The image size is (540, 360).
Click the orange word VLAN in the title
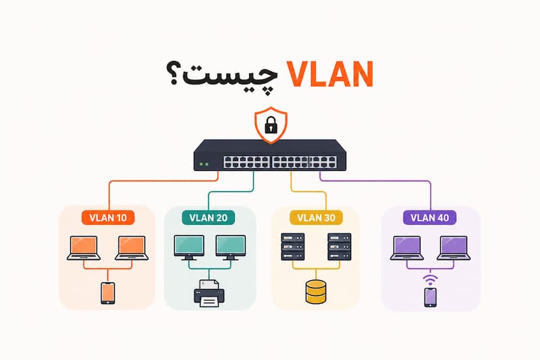click(x=330, y=74)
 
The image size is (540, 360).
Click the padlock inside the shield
click(x=271, y=125)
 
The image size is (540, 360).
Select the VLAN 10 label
click(x=108, y=217)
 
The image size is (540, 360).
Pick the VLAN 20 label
click(x=209, y=217)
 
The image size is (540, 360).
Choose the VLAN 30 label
click(x=316, y=217)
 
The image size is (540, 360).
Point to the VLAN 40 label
click(x=430, y=217)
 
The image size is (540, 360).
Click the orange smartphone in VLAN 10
click(x=108, y=293)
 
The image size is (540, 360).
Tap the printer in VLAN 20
click(x=209, y=293)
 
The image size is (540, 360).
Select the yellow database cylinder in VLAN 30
click(x=316, y=292)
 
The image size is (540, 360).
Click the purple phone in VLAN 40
click(x=431, y=297)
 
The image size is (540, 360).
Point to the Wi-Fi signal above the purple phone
click(x=431, y=280)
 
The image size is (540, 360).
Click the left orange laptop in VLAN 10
click(x=84, y=248)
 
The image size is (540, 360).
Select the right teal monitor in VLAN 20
click(x=231, y=247)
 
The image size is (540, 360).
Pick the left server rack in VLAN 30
click(x=293, y=247)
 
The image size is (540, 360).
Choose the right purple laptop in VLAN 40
click(x=454, y=248)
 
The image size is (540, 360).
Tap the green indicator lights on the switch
click(x=204, y=164)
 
